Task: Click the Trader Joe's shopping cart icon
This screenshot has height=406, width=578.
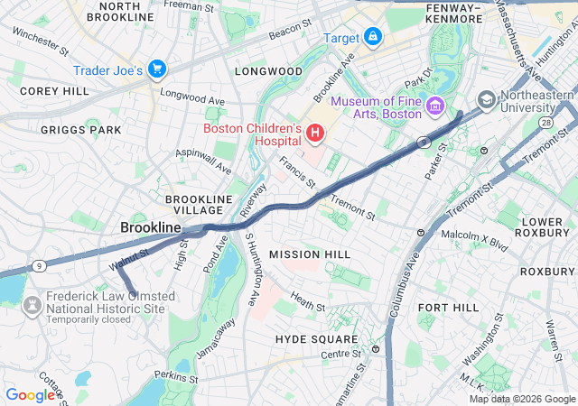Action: click(x=157, y=69)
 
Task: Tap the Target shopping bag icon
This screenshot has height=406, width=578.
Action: click(x=372, y=37)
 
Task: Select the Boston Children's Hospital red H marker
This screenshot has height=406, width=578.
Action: click(x=314, y=134)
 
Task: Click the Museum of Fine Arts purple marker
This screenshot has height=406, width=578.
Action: click(x=434, y=107)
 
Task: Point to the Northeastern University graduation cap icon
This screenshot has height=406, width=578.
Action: click(x=487, y=99)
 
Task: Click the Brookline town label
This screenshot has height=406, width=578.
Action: click(x=151, y=228)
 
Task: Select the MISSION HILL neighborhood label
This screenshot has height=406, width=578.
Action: click(x=308, y=254)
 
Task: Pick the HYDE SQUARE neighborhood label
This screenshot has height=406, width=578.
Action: click(x=310, y=338)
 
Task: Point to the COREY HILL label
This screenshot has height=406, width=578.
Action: click(x=54, y=91)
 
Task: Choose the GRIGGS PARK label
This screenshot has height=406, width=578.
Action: click(x=80, y=130)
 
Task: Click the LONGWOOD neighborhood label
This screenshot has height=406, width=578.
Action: click(x=268, y=70)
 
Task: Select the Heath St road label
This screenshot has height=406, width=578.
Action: click(x=307, y=302)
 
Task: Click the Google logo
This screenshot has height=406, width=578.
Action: click(x=30, y=394)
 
